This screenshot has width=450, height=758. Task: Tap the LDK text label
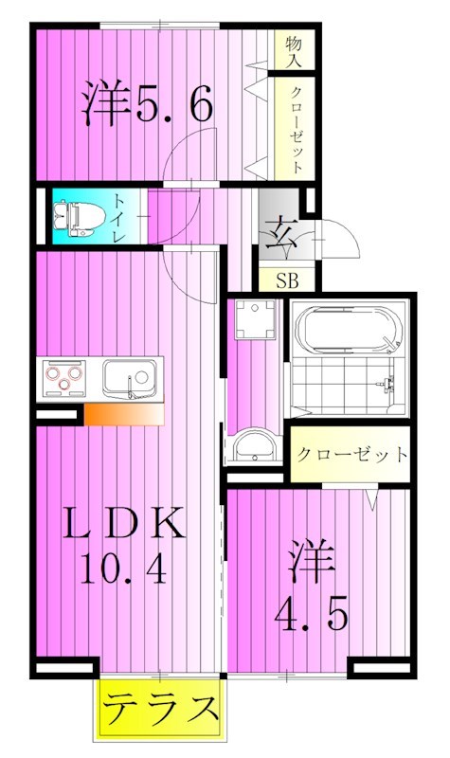click(x=124, y=523)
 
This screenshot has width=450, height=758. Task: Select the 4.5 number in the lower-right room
click(x=312, y=614)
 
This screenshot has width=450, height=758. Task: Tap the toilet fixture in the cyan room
click(x=80, y=219)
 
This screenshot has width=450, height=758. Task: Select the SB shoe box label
click(x=287, y=280)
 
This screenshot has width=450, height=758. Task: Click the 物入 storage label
click(x=294, y=51)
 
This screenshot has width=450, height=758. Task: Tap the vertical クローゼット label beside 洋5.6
click(x=297, y=129)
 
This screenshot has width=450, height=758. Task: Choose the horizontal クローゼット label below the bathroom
click(x=351, y=455)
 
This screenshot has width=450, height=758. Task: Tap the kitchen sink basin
click(x=129, y=378)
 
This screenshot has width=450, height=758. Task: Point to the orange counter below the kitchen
click(x=124, y=414)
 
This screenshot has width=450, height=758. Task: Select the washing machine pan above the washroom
click(x=255, y=319)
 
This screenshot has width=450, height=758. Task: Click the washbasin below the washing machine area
click(x=254, y=446)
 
